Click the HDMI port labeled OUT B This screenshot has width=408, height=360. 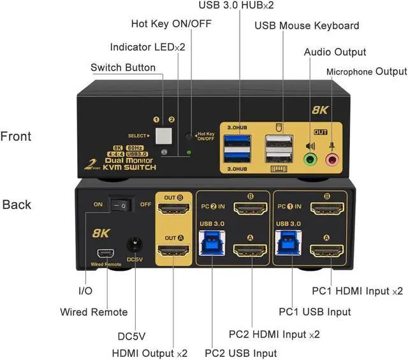click(173, 208)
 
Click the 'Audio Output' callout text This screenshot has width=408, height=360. click(335, 52)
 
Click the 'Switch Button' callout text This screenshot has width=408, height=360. click(122, 68)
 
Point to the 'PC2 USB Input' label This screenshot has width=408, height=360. click(240, 352)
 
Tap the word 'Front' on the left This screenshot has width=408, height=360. click(16, 136)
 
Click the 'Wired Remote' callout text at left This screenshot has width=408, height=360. click(94, 312)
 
